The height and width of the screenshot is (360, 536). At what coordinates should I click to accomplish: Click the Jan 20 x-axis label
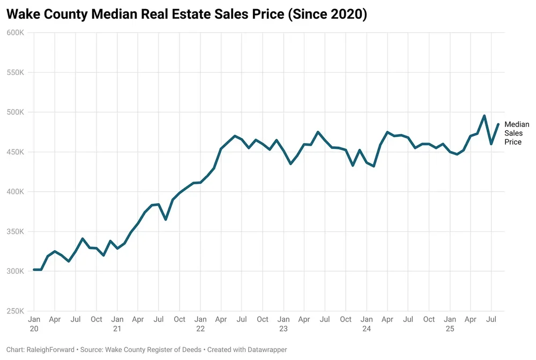click(x=34, y=324)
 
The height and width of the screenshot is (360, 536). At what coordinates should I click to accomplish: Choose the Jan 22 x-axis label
click(x=200, y=324)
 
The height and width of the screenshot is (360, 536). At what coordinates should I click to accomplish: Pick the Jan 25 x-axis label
click(x=450, y=324)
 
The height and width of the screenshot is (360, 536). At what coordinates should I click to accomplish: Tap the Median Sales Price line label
click(x=517, y=133)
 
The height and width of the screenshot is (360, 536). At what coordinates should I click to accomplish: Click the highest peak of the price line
click(x=484, y=116)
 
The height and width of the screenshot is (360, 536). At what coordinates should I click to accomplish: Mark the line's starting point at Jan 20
click(x=34, y=269)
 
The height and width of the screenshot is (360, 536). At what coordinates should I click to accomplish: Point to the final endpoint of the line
click(x=498, y=124)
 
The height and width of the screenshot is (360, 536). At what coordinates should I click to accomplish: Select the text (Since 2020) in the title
click(x=327, y=14)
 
